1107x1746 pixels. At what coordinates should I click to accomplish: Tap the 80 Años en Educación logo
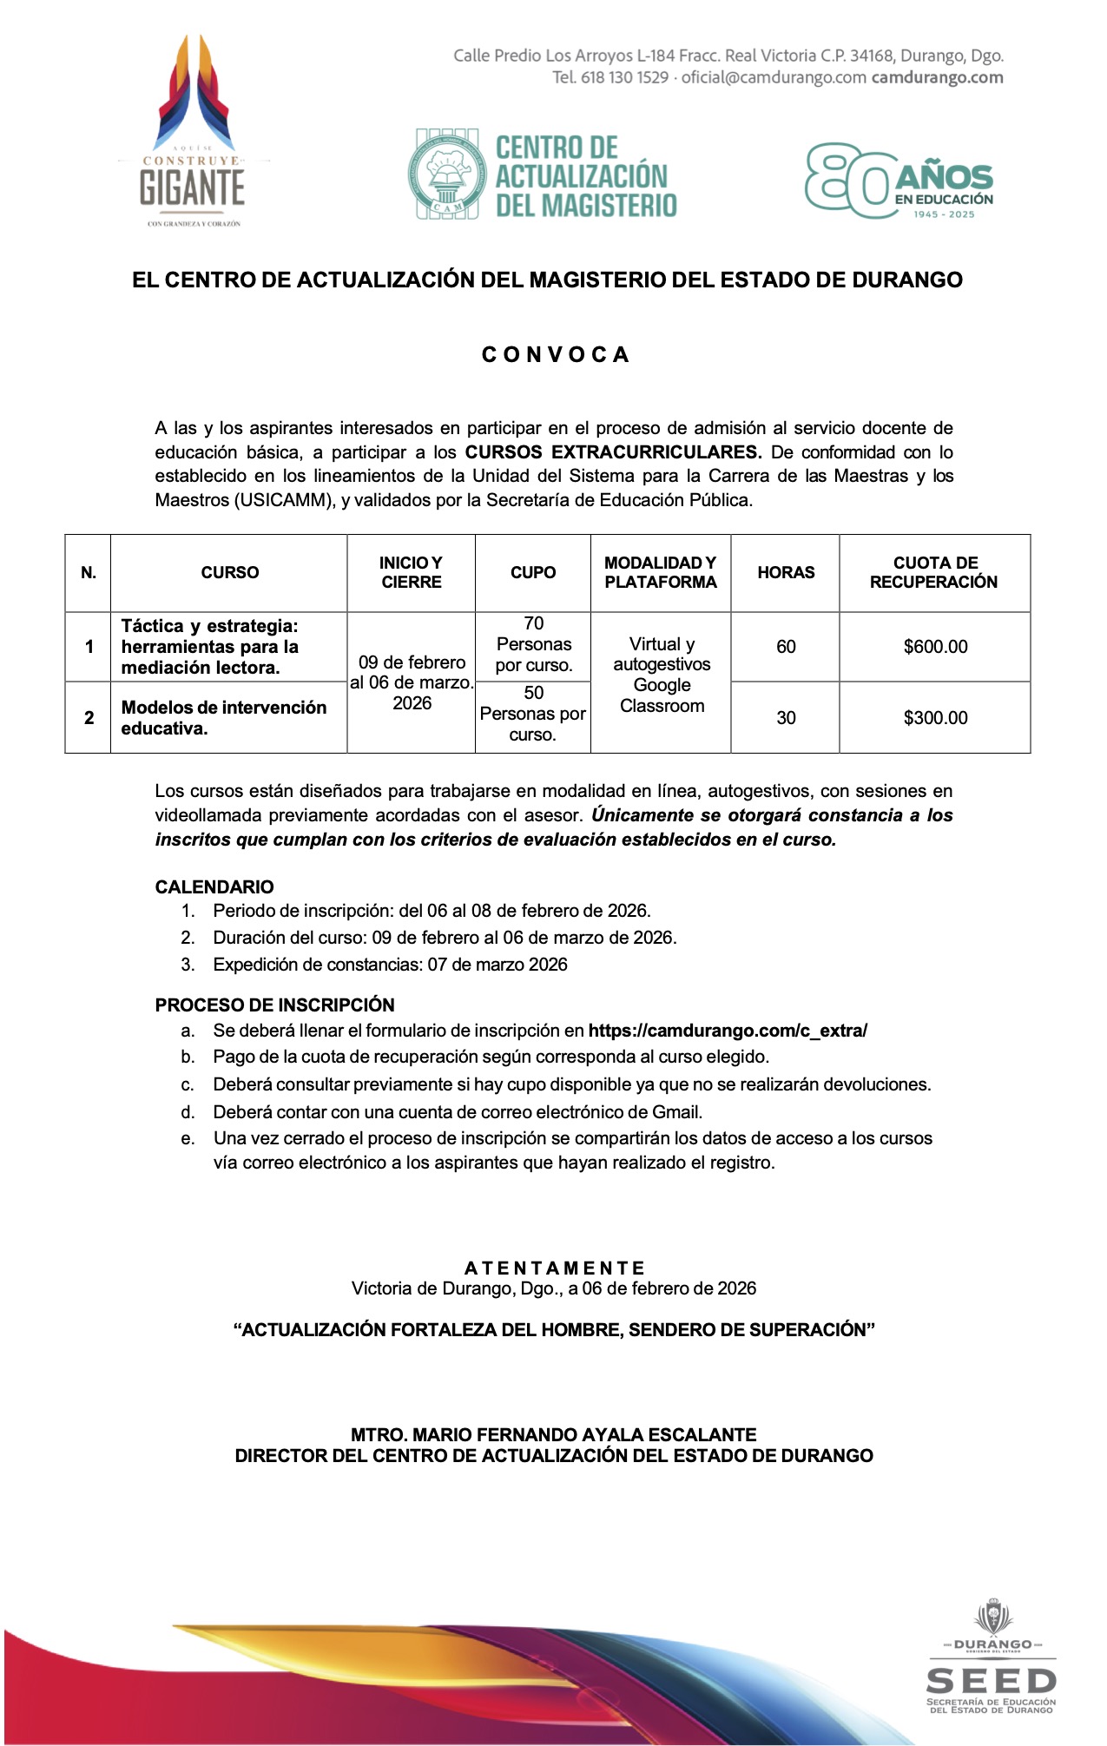pyautogui.click(x=899, y=181)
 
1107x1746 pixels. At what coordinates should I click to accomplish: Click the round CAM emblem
pyautogui.click(x=446, y=174)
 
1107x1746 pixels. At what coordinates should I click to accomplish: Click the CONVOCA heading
pyautogui.click(x=555, y=355)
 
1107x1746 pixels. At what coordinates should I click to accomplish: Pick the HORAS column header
pyautogui.click(x=786, y=573)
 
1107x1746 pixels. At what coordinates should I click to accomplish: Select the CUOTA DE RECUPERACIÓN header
pyautogui.click(x=934, y=573)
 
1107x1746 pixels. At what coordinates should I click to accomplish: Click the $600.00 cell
pyautogui.click(x=935, y=647)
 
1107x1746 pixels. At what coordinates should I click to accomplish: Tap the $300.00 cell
pyautogui.click(x=935, y=718)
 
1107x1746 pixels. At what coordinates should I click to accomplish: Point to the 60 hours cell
pyautogui.click(x=786, y=647)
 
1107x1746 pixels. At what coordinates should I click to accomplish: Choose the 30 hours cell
pyautogui.click(x=786, y=718)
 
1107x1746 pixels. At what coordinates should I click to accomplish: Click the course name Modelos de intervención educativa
pyautogui.click(x=224, y=718)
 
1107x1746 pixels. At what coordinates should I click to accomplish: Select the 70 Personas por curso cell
pyautogui.click(x=533, y=645)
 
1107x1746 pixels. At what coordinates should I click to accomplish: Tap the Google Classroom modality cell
pyautogui.click(x=662, y=675)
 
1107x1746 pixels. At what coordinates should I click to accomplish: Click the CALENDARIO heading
pyautogui.click(x=214, y=887)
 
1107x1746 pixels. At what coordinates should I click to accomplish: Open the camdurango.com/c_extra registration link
pyautogui.click(x=728, y=1031)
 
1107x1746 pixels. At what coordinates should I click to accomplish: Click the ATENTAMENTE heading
pyautogui.click(x=554, y=1268)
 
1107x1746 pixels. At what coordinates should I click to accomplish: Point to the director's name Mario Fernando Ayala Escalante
pyautogui.click(x=554, y=1435)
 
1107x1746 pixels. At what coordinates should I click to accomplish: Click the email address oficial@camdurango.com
pyautogui.click(x=774, y=78)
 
